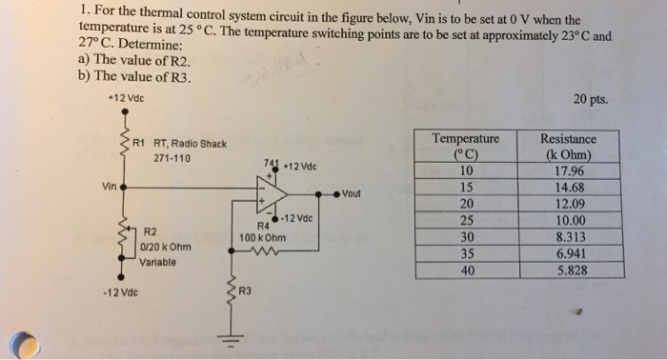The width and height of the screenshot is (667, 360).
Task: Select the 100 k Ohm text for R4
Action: coord(262,236)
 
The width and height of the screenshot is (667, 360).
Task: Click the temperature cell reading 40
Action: coord(466,270)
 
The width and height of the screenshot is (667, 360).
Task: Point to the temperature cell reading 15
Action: coord(466,189)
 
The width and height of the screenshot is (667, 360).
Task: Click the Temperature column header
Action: coord(466,139)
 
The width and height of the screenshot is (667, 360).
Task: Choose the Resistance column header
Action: coord(569,139)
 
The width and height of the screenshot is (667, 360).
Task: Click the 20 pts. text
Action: coord(591,99)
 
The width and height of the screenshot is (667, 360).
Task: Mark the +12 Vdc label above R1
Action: coord(120,99)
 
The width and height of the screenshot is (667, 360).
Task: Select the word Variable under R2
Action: coord(159,260)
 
